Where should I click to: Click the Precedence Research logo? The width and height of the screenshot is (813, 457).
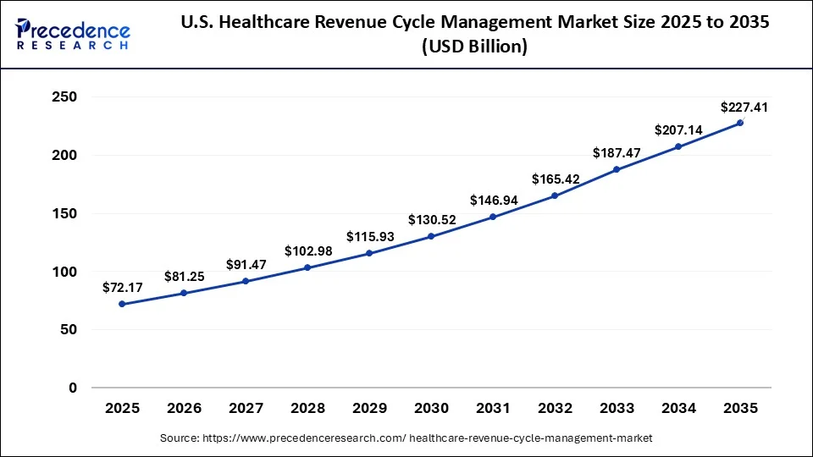(73, 34)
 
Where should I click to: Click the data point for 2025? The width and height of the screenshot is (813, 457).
(122, 304)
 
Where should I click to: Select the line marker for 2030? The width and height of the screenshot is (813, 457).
(431, 236)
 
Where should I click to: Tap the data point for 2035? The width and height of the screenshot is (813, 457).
(740, 123)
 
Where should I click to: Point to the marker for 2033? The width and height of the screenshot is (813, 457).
(617, 169)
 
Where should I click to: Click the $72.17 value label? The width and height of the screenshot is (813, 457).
(122, 288)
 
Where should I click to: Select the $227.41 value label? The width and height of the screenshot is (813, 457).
(740, 107)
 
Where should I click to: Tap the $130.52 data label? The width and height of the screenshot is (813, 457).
(431, 220)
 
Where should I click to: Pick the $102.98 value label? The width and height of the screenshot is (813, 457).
(307, 251)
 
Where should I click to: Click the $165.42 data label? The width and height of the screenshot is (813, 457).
(555, 179)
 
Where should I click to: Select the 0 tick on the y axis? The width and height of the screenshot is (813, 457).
(73, 388)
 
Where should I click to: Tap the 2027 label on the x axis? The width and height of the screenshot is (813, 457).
(246, 408)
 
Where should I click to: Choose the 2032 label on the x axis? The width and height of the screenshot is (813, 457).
(555, 408)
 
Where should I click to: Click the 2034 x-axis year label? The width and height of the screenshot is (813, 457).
(678, 408)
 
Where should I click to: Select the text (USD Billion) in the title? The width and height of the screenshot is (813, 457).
(474, 47)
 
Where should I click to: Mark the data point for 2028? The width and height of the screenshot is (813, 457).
(307, 267)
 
